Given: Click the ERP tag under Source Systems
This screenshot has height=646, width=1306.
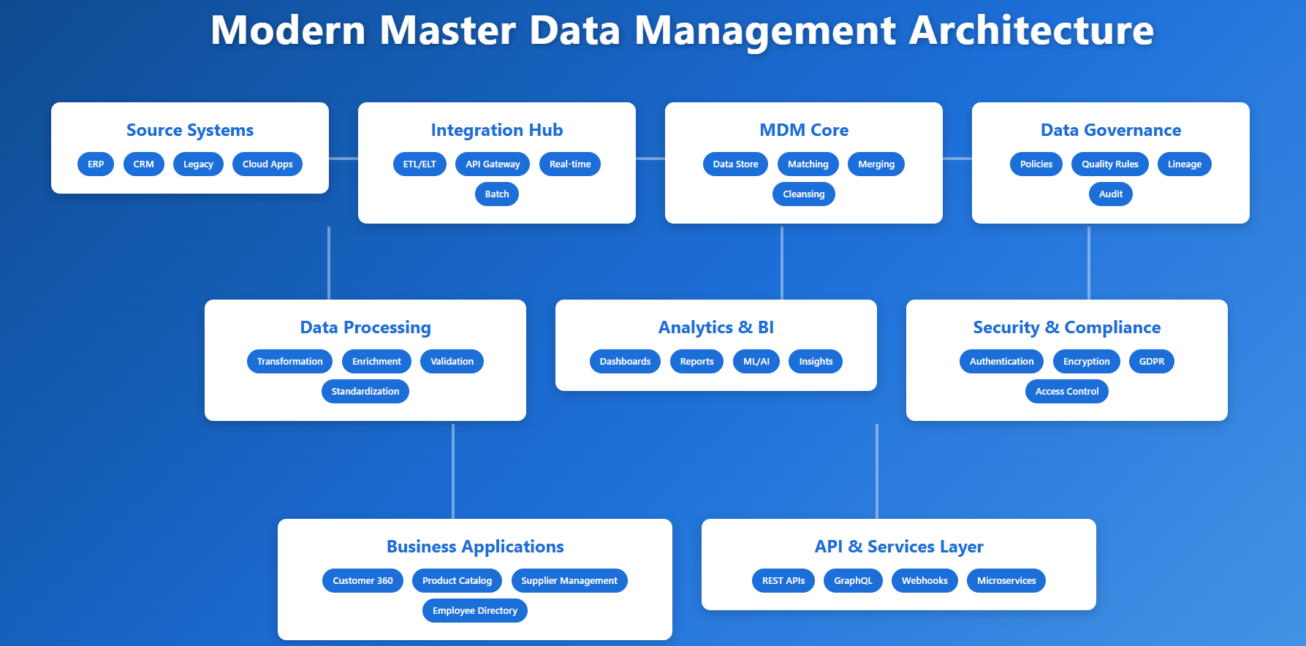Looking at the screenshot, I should pyautogui.click(x=96, y=164).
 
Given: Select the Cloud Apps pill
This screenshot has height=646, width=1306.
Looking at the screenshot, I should pyautogui.click(x=267, y=164).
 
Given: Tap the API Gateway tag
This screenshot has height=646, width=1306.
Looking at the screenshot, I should pyautogui.click(x=493, y=164).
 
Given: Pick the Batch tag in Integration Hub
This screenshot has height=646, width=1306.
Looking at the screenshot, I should pyautogui.click(x=497, y=194).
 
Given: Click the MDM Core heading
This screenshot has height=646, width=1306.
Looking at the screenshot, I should pyautogui.click(x=804, y=130).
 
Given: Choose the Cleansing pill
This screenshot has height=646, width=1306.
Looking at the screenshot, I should pyautogui.click(x=804, y=194).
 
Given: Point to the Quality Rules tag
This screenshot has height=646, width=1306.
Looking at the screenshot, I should pyautogui.click(x=1109, y=164).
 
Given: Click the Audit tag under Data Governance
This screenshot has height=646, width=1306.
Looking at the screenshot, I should pyautogui.click(x=1111, y=194).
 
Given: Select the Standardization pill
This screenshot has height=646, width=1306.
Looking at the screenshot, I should pyautogui.click(x=365, y=392).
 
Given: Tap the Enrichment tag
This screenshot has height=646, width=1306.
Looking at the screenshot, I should pyautogui.click(x=376, y=362).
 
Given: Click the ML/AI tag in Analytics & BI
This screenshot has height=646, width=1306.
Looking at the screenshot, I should pyautogui.click(x=756, y=362).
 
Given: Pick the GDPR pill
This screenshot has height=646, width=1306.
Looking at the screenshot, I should pyautogui.click(x=1152, y=362).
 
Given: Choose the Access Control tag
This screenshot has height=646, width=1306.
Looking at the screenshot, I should pyautogui.click(x=1067, y=392).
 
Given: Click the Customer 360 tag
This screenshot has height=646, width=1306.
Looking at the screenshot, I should pyautogui.click(x=362, y=581).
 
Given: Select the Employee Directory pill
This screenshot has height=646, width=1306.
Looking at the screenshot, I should pyautogui.click(x=475, y=611).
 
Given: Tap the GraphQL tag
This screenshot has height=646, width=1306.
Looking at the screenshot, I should pyautogui.click(x=853, y=581).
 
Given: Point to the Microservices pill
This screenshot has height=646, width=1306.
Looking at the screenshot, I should pyautogui.click(x=1006, y=581).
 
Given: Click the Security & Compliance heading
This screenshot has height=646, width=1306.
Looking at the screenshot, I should pyautogui.click(x=1067, y=327).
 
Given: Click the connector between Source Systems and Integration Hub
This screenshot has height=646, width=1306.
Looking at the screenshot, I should pyautogui.click(x=343, y=158).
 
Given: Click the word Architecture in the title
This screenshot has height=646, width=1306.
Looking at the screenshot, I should pyautogui.click(x=1031, y=31).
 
